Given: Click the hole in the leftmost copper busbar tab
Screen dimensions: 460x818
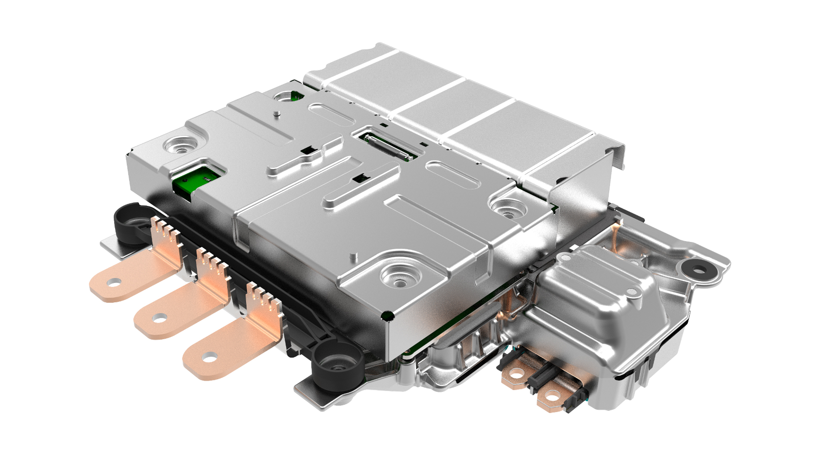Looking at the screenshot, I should click(114, 282).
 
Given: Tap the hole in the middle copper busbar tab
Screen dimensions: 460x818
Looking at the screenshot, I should click(159, 318).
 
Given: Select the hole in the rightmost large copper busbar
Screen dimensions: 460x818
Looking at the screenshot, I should click(209, 357).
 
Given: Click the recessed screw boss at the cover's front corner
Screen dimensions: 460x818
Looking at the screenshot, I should click(400, 276).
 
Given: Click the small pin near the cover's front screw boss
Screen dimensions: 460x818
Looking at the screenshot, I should click(353, 257).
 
